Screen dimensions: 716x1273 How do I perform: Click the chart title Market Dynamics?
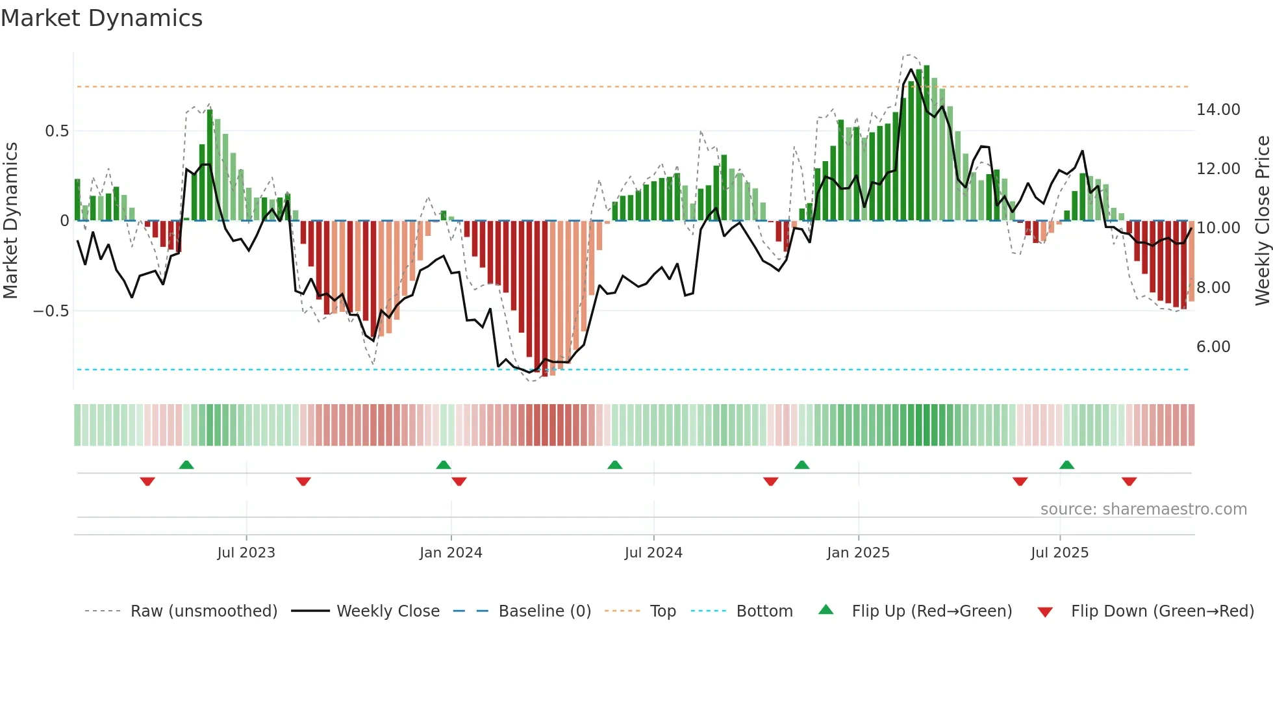pyautogui.click(x=101, y=18)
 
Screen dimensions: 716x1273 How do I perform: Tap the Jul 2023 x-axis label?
pyautogui.click(x=246, y=553)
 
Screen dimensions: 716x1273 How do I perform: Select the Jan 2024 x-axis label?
pyautogui.click(x=451, y=553)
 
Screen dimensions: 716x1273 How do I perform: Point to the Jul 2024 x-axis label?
pyautogui.click(x=653, y=553)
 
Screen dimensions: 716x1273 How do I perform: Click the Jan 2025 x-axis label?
pyautogui.click(x=858, y=553)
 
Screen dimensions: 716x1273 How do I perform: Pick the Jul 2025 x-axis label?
pyautogui.click(x=1059, y=553)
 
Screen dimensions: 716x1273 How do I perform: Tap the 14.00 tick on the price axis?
pyautogui.click(x=1218, y=110)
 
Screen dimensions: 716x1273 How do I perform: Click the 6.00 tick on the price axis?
pyautogui.click(x=1213, y=347)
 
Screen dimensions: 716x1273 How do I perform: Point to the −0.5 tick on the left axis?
pyautogui.click(x=51, y=311)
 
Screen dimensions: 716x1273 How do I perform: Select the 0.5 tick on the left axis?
pyautogui.click(x=57, y=131)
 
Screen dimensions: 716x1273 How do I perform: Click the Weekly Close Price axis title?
pyautogui.click(x=1262, y=221)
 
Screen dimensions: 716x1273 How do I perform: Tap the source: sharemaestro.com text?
pyautogui.click(x=1143, y=509)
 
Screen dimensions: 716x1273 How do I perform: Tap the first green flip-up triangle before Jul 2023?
pyautogui.click(x=186, y=465)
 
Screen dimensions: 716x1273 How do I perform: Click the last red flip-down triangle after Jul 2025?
pyautogui.click(x=1129, y=481)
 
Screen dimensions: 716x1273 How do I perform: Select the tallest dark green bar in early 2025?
pyautogui.click(x=927, y=143)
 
